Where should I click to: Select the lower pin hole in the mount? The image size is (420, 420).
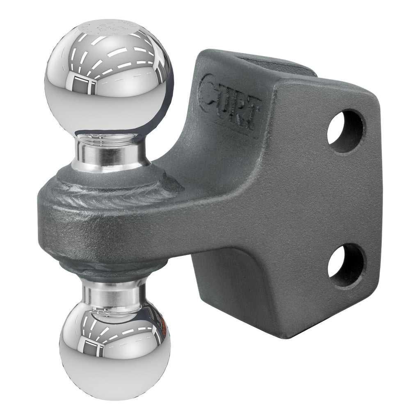[x=345, y=265]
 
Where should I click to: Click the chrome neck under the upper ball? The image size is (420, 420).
[x=111, y=152]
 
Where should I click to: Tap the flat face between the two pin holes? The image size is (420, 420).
[x=345, y=197]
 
